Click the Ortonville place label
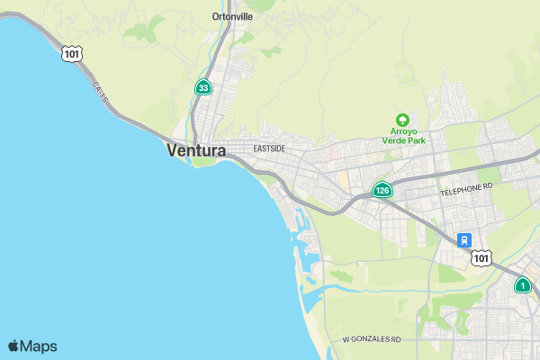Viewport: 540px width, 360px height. tap(232, 16)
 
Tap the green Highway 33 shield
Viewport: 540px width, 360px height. tap(204, 87)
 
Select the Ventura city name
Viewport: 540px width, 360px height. tap(195, 151)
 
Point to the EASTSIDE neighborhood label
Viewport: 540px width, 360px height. tap(269, 148)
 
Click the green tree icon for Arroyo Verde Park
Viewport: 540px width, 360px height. tap(402, 120)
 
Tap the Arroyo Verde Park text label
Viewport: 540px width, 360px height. tap(402, 134)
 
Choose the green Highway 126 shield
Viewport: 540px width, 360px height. tap(382, 190)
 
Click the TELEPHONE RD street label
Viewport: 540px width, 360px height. tap(467, 189)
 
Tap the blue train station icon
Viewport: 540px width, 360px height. tap(463, 240)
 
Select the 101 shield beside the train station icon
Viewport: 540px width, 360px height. tap(482, 258)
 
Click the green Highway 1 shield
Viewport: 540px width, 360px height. tap(522, 285)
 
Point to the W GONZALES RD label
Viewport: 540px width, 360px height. tap(371, 340)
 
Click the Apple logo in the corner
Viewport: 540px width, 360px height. tap(13, 346)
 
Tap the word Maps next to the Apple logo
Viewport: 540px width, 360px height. tap(39, 346)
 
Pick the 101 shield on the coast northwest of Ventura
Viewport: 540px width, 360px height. tap(71, 54)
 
